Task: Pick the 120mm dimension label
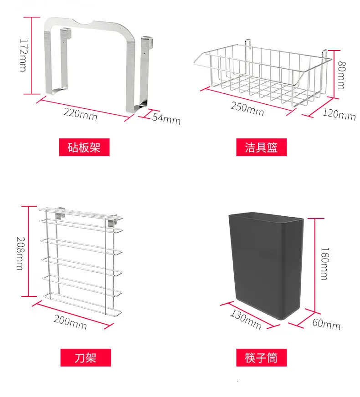click(339, 114)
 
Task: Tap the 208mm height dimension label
click(19, 253)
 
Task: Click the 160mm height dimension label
click(324, 264)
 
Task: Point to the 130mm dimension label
click(247, 319)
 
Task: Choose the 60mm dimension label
click(326, 325)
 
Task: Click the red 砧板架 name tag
click(84, 148)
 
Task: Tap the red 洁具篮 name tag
click(261, 148)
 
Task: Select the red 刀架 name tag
click(85, 357)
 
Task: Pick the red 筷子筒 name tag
click(261, 357)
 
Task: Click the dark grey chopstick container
click(266, 264)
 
